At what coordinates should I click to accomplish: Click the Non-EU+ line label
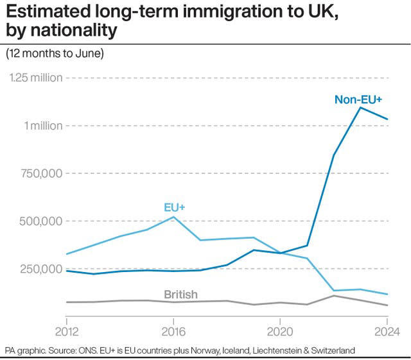coord(358,99)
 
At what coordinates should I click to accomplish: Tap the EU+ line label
coord(174,207)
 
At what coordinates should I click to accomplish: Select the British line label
coord(180,295)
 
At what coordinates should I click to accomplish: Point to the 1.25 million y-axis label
coord(36,78)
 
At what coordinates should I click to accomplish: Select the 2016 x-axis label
coord(173,332)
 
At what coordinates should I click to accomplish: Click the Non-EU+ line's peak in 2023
coord(360,107)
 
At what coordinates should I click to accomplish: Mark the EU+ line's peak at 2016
coord(173,217)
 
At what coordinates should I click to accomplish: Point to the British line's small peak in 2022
coord(333,296)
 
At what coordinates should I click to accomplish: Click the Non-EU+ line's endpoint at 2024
coord(387,119)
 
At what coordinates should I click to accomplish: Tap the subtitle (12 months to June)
coord(55,54)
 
